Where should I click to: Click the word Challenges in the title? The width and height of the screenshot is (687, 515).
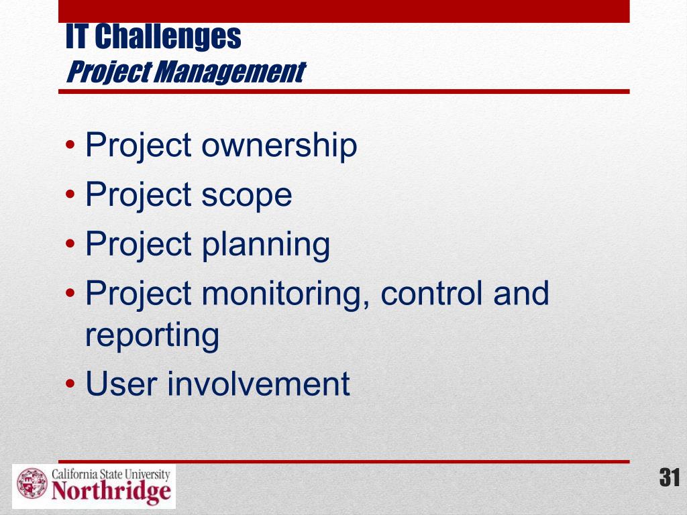point(168,38)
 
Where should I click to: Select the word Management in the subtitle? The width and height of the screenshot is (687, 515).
point(229,72)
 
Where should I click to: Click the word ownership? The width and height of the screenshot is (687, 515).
point(279,146)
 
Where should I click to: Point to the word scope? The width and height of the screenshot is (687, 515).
point(247,195)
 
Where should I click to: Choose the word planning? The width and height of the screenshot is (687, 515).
point(266,245)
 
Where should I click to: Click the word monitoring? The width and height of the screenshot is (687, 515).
point(286,294)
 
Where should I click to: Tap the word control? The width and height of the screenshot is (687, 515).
point(434,293)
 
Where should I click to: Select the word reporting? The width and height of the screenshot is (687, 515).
point(152,337)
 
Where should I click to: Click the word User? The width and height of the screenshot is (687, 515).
point(121,383)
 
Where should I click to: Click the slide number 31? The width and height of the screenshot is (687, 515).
point(670,477)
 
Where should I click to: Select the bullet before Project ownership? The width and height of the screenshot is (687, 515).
point(70,145)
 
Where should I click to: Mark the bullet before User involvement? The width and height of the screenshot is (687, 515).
point(70,383)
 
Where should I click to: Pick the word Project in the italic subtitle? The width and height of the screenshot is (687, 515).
point(109,72)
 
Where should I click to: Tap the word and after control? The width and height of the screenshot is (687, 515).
point(521,293)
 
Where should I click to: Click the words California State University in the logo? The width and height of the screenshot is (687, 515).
point(111,474)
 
